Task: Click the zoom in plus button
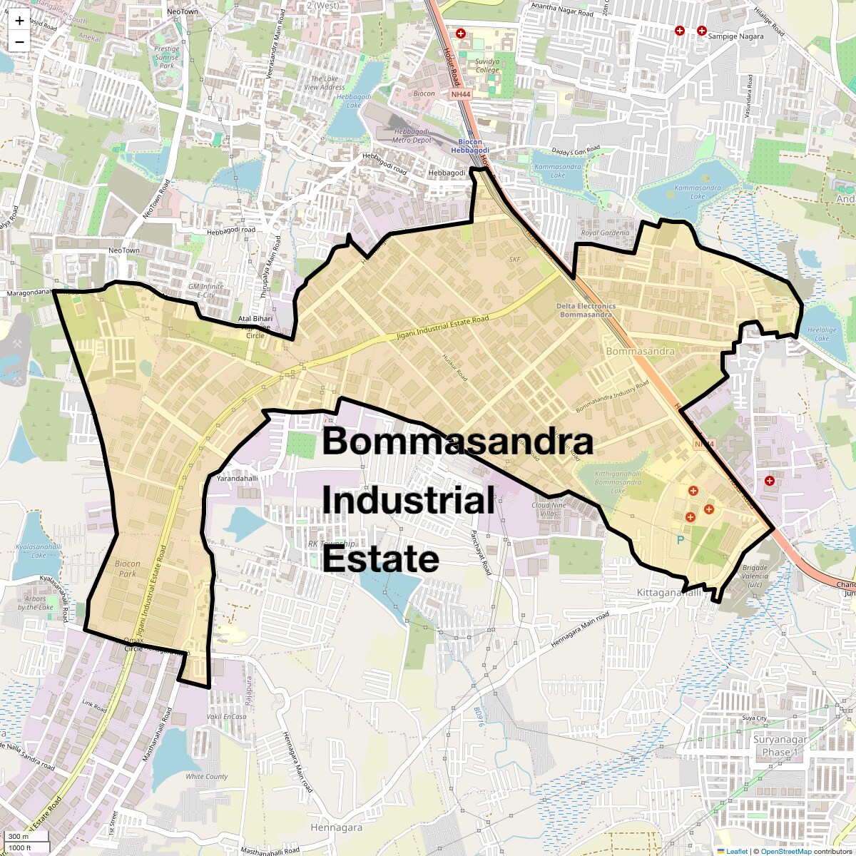coord(19,21)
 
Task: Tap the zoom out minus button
coord(19,42)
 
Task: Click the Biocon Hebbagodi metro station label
coord(469,146)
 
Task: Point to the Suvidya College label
coord(487,66)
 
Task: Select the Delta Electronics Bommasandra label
coord(586,310)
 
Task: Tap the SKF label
coord(514,260)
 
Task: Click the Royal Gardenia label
coord(605,233)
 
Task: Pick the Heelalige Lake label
coord(821,334)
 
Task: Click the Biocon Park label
coord(128,569)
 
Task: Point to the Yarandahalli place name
coord(237,479)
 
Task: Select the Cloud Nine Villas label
coord(549,509)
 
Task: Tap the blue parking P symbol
coord(680,540)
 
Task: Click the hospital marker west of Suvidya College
coord(461,34)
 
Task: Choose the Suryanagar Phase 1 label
coord(780,745)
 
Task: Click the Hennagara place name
coord(336,827)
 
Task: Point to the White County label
coord(206,776)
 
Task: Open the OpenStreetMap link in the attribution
coord(785,851)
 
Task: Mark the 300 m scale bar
coord(19,837)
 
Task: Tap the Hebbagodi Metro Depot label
coord(412,136)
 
